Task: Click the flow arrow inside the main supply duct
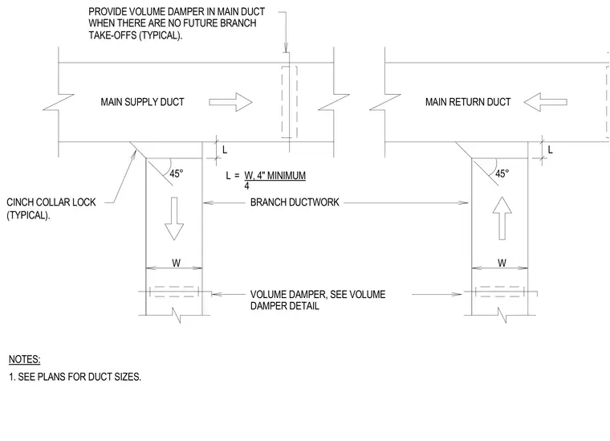pyautogui.click(x=230, y=102)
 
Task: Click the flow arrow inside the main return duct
pyautogui.click(x=546, y=102)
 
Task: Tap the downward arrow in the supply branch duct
pyautogui.click(x=174, y=218)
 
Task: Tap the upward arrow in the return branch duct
pyautogui.click(x=502, y=218)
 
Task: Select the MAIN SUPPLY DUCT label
pyautogui.click(x=142, y=102)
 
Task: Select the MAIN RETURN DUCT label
pyautogui.click(x=468, y=102)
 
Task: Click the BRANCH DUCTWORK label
pyautogui.click(x=295, y=202)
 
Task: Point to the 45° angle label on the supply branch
pyautogui.click(x=177, y=174)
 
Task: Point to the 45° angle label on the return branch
pyautogui.click(x=502, y=174)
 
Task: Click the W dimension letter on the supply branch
pyautogui.click(x=177, y=263)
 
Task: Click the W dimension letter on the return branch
pyautogui.click(x=502, y=263)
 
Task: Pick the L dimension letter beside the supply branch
pyautogui.click(x=225, y=149)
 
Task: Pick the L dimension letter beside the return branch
pyautogui.click(x=550, y=149)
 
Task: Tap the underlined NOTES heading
pyautogui.click(x=25, y=359)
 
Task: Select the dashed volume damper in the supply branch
pyautogui.click(x=174, y=292)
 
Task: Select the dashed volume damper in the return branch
pyautogui.click(x=500, y=292)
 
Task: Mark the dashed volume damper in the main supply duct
pyautogui.click(x=290, y=102)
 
